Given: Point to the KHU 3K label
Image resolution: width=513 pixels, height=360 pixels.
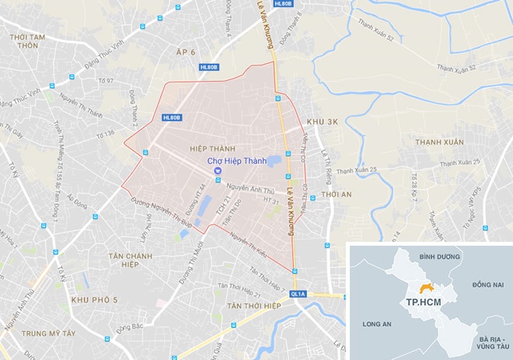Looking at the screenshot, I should point(323,122).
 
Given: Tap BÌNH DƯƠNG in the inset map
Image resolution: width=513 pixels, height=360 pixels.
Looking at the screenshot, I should point(435,255).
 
